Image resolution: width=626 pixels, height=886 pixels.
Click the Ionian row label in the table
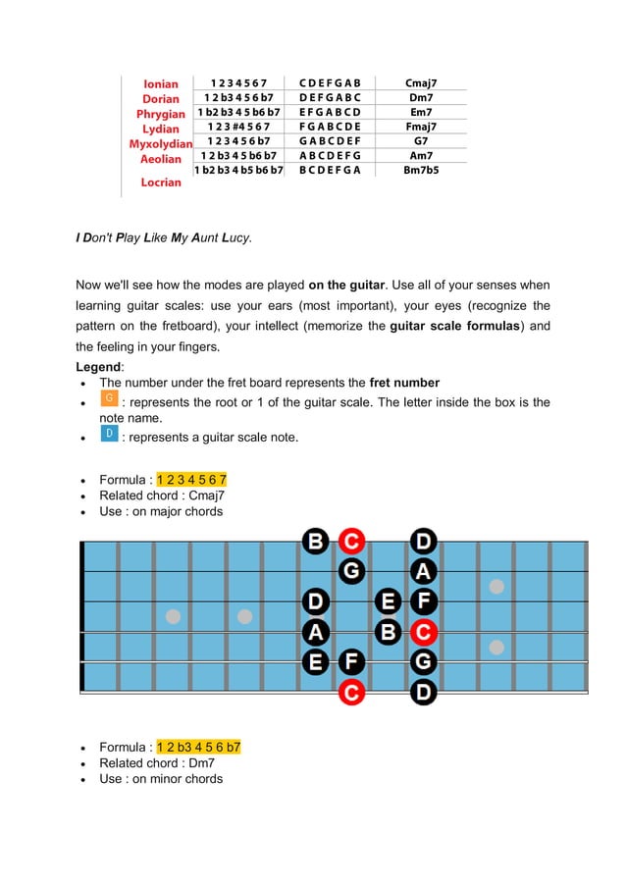(x=161, y=83)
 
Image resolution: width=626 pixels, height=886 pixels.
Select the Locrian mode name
(x=161, y=182)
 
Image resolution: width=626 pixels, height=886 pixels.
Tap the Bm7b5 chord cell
(x=421, y=170)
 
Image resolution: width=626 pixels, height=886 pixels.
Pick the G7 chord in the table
(x=421, y=140)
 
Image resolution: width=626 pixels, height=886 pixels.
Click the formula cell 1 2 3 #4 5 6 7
(x=238, y=127)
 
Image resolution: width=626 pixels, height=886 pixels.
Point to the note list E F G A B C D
(x=330, y=112)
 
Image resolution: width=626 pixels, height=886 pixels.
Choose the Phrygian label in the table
(x=161, y=114)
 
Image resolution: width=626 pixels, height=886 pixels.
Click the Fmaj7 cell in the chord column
(x=421, y=127)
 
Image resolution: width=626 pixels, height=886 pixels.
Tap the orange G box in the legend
(x=110, y=398)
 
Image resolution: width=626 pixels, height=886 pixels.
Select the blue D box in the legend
(x=110, y=434)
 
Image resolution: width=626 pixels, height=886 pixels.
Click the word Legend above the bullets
(x=98, y=366)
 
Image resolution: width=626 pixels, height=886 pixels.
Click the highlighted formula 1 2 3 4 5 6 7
(x=192, y=480)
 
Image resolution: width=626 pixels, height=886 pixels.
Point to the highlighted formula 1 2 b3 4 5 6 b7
(x=199, y=748)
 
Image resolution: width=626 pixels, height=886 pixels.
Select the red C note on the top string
(x=352, y=541)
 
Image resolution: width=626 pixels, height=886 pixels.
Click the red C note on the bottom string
(x=352, y=694)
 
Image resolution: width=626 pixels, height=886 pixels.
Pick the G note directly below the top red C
(x=352, y=570)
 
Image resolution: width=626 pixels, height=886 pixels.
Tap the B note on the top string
(x=316, y=541)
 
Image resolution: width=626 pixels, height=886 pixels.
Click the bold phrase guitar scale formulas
(x=454, y=326)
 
